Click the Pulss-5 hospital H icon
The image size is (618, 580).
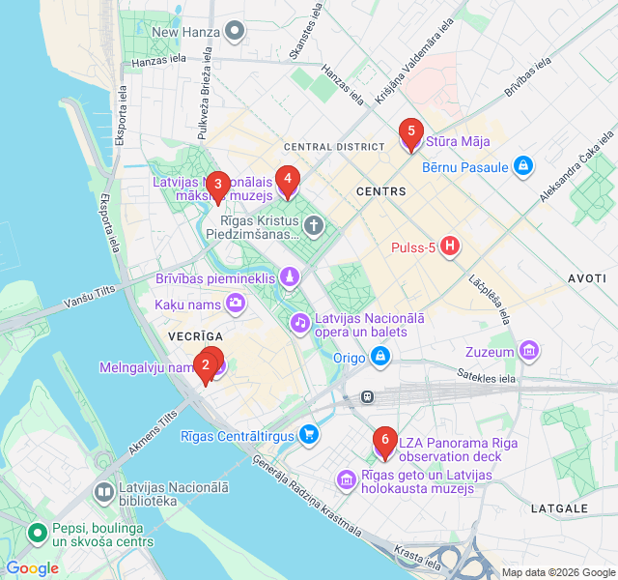(449, 247)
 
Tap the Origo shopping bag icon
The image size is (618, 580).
(382, 358)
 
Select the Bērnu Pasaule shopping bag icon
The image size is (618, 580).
(523, 166)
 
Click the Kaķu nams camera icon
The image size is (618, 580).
(236, 304)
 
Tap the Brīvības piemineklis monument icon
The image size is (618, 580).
(289, 278)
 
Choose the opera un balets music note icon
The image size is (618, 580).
(300, 322)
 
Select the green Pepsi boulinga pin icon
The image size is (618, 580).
(38, 533)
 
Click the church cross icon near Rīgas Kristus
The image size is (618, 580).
(313, 226)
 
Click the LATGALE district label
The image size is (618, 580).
(559, 508)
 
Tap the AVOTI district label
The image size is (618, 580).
(587, 277)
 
